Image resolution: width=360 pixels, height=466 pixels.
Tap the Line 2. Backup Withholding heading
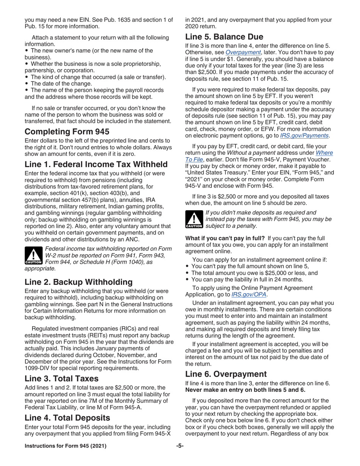tap(78, 271)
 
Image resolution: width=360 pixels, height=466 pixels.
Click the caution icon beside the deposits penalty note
tap(194, 220)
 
